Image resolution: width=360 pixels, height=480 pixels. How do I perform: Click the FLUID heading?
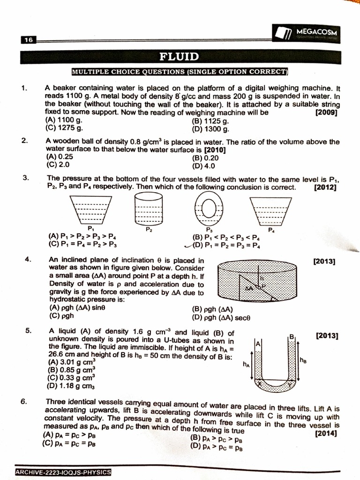179,57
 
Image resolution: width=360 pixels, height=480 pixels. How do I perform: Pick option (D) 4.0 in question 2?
203,165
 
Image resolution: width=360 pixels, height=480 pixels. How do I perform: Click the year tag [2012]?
325,187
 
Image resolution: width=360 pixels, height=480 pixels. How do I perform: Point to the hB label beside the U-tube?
303,360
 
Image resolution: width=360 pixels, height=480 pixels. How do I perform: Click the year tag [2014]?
326,434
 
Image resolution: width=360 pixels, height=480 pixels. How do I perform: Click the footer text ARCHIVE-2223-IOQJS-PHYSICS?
63,472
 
